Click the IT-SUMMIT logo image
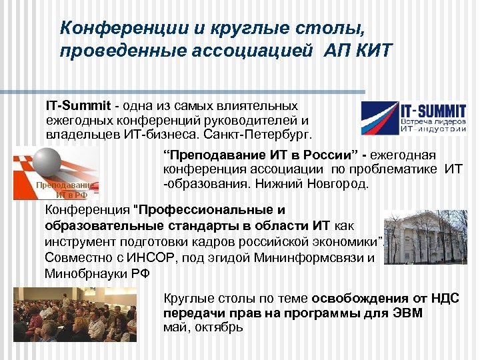coord(413,119)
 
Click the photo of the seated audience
coord(75,314)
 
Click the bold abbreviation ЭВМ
coord(407,313)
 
